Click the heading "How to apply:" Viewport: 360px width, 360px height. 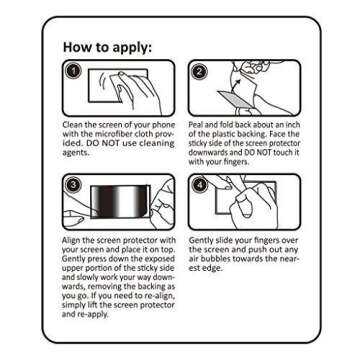coord(107,47)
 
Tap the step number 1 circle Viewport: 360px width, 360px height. coord(73,71)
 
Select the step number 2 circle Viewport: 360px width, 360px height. coord(199,71)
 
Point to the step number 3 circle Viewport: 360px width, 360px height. coord(73,185)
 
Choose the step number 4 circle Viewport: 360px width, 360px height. coord(199,185)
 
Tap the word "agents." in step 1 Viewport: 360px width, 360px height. coord(73,154)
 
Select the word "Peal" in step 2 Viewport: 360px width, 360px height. coord(196,125)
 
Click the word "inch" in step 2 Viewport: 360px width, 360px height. coord(293,125)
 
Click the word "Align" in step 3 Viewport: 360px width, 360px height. coord(71,240)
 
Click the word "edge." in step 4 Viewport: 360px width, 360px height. coord(212,268)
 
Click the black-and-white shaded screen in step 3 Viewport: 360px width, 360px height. coord(120,201)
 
